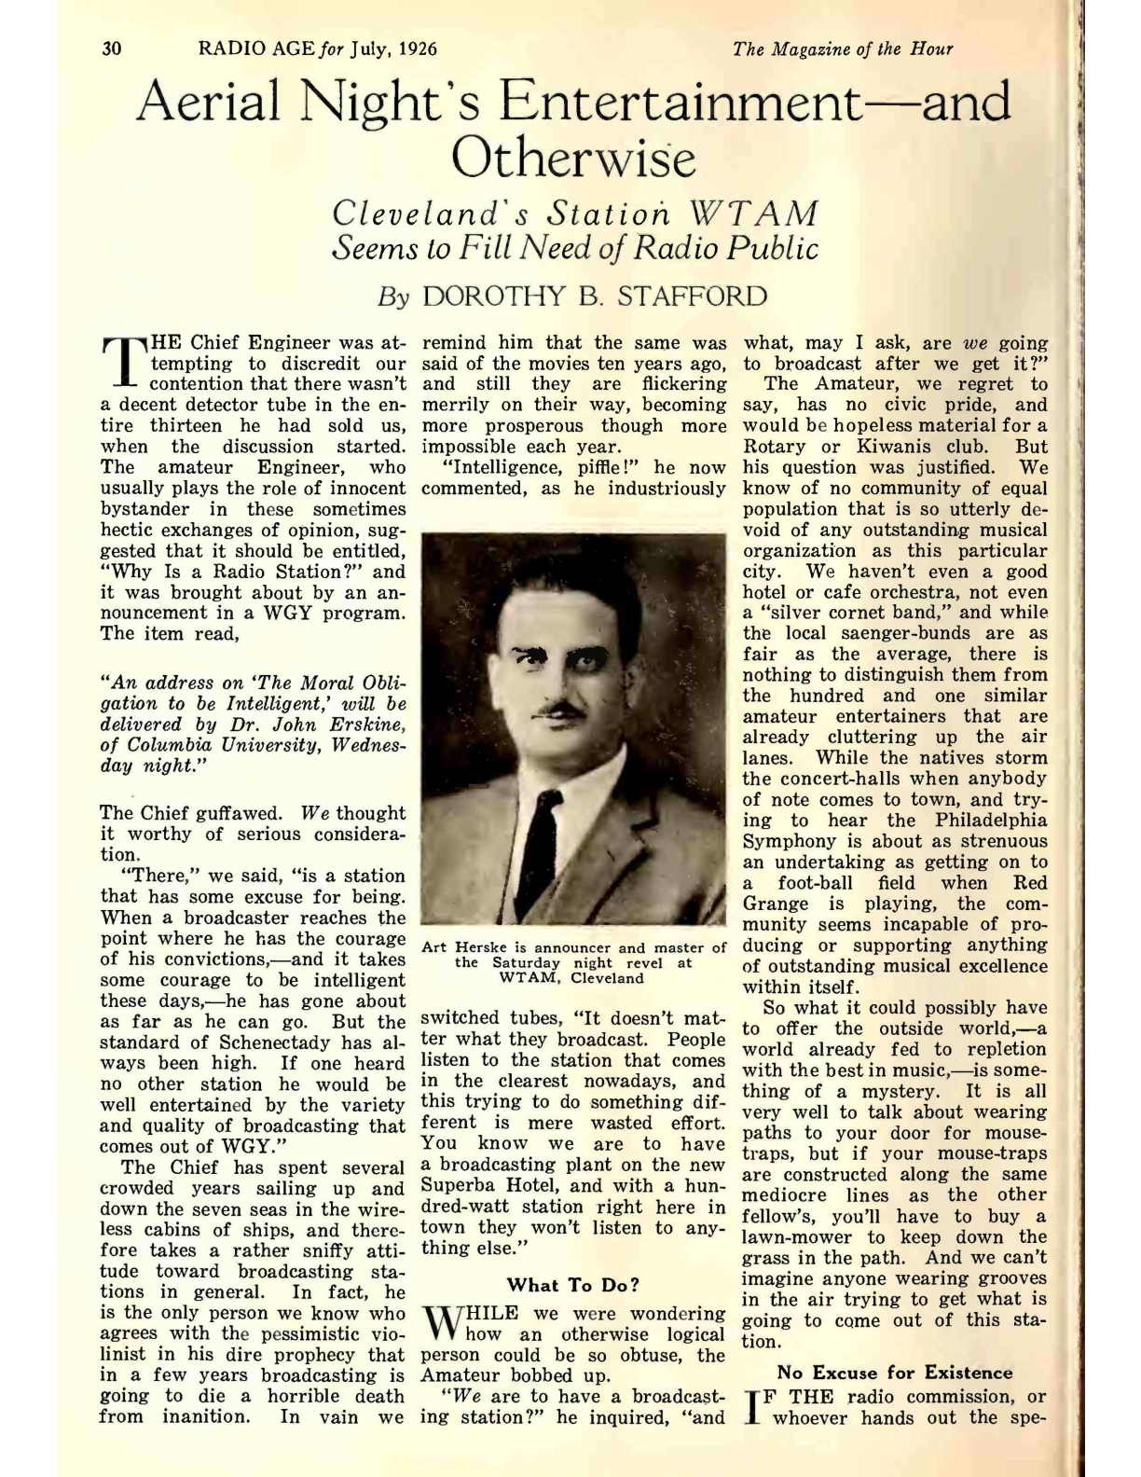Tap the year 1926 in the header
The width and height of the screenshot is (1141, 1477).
click(417, 48)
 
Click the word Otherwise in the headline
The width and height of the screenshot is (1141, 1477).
click(573, 159)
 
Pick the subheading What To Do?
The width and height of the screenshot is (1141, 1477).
click(573, 1285)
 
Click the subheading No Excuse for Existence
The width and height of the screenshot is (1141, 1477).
click(895, 1373)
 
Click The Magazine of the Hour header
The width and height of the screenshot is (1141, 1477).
click(843, 48)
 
